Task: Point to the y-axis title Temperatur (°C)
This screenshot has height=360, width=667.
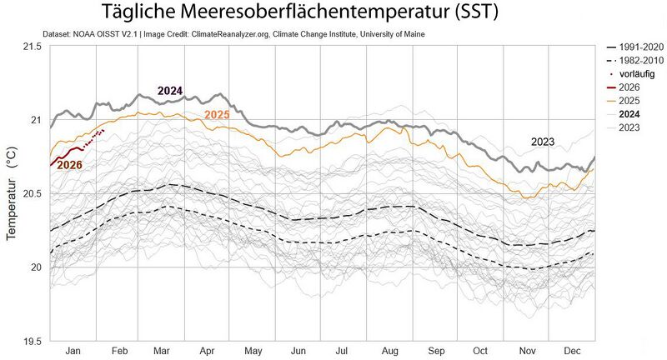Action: click(12, 193)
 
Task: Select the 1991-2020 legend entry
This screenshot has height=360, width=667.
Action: click(637, 47)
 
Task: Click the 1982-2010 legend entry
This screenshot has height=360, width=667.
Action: click(637, 61)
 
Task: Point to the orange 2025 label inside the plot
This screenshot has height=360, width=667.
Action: click(217, 114)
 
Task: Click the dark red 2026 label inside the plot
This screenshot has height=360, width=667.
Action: click(70, 165)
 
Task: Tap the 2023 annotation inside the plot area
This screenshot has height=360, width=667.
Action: click(543, 142)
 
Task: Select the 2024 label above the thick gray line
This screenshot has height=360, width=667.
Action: click(170, 91)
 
